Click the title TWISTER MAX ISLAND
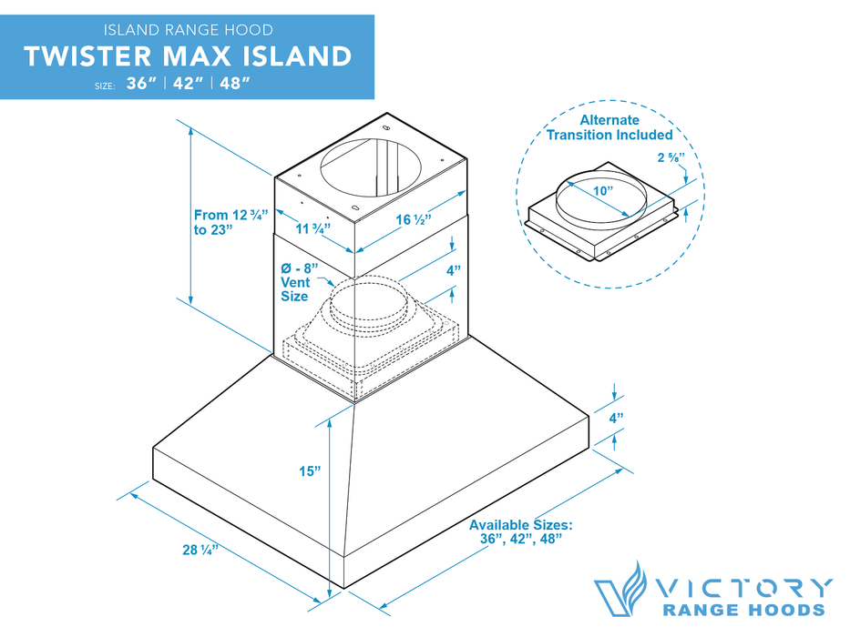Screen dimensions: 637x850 [188, 56]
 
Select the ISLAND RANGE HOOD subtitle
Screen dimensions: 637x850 [188, 31]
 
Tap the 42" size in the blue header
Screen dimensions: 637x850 [188, 85]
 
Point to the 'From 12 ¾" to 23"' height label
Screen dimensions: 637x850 [230, 222]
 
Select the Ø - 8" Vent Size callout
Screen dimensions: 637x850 [300, 282]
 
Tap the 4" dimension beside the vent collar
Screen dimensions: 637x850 [453, 270]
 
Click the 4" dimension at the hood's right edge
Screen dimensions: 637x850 [616, 419]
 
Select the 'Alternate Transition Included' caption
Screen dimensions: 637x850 [609, 126]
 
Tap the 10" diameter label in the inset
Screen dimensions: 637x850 [604, 190]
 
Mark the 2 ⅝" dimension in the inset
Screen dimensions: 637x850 [671, 157]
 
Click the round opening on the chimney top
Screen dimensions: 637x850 [372, 166]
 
